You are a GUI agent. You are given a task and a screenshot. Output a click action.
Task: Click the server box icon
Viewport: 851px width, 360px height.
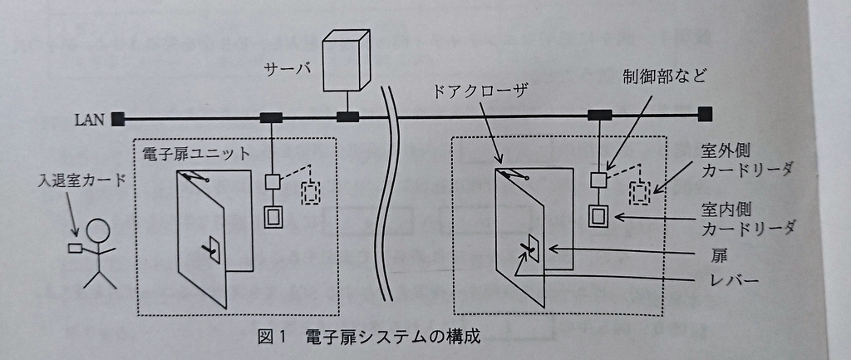[346, 60]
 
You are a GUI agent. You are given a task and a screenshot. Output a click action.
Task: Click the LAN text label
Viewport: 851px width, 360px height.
[90, 119]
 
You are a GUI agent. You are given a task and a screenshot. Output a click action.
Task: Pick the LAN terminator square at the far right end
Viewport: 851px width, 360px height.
[705, 115]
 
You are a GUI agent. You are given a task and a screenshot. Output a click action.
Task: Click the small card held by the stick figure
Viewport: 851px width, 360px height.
[74, 249]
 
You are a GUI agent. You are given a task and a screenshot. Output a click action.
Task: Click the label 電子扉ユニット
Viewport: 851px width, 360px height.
[193, 153]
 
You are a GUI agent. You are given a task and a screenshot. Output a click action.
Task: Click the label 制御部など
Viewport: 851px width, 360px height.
[666, 76]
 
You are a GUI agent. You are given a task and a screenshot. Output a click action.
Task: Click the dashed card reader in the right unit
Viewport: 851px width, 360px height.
[639, 193]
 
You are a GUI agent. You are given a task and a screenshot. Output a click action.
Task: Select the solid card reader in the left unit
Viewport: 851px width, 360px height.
[274, 216]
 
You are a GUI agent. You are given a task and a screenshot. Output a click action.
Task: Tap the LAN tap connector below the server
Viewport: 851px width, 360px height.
[347, 116]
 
